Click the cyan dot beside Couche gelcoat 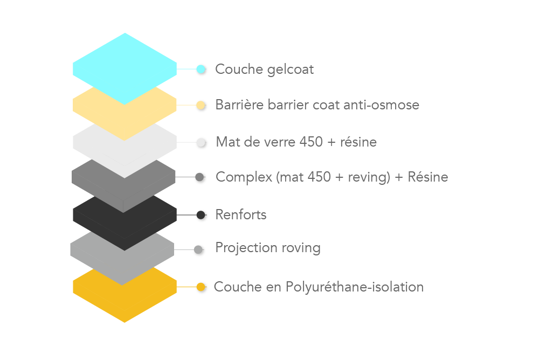pos(201,70)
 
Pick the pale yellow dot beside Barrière pos(201,106)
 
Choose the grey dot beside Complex pos(201,178)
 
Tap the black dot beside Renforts pos(201,216)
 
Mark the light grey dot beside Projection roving pos(199,250)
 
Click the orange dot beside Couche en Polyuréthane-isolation pos(201,287)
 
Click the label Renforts pos(241,215)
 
